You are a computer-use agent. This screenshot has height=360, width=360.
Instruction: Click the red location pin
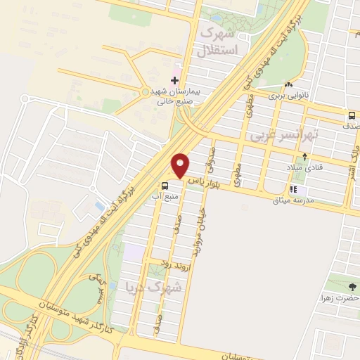(181, 166)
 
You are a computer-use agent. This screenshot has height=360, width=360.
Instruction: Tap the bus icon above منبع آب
(165, 186)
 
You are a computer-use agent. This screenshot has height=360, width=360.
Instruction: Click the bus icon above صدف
(351, 115)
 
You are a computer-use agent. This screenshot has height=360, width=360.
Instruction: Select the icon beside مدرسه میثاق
(293, 189)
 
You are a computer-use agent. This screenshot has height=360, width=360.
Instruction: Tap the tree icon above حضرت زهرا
(352, 286)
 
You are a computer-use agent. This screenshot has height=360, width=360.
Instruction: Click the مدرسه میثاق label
(324, 199)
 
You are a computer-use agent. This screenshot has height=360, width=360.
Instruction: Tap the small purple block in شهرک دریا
(134, 250)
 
